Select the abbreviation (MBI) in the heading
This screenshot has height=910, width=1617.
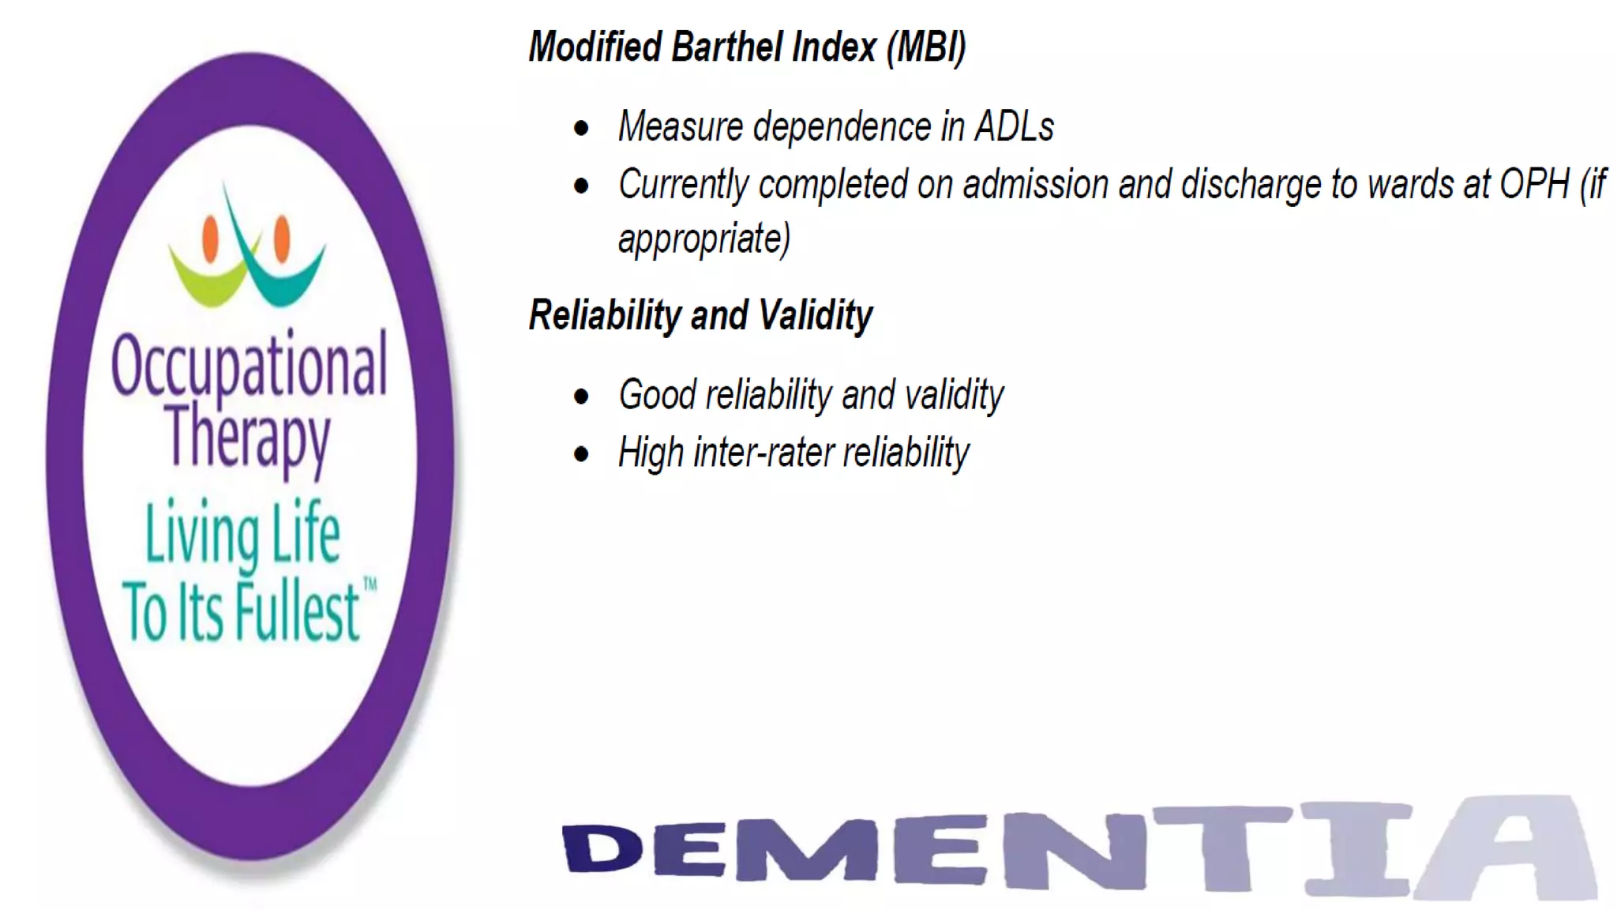[x=925, y=47]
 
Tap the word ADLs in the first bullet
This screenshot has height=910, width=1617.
[x=1015, y=127]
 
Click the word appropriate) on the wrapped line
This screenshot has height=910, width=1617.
[x=703, y=239]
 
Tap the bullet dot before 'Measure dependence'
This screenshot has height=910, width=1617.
[x=582, y=129]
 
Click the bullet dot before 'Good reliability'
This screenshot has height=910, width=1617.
[x=582, y=397]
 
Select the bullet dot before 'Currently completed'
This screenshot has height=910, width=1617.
[x=582, y=186]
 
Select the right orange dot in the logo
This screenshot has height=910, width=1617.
[x=282, y=238]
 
